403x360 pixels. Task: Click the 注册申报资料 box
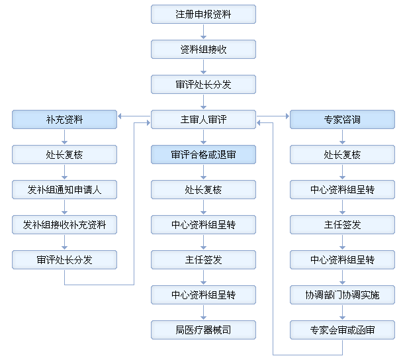[203, 14]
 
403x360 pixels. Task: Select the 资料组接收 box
[203, 49]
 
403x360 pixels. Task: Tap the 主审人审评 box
[203, 119]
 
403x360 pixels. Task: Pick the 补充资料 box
[64, 119]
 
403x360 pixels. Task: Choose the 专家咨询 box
[342, 119]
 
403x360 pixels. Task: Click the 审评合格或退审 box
[203, 154]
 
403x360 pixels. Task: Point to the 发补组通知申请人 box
[64, 189]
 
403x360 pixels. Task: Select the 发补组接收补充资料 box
[64, 224]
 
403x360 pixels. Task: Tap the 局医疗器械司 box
[203, 330]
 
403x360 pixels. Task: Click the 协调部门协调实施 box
[342, 294]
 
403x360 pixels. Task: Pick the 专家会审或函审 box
[342, 330]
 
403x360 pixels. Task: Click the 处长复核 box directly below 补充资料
[64, 154]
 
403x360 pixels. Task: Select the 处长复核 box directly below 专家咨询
[342, 154]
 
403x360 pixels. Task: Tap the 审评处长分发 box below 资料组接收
[203, 84]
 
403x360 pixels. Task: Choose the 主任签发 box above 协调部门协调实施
[342, 224]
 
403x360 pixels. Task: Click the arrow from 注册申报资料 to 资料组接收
[203, 32]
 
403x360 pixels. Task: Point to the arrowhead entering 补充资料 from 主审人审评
[120, 116]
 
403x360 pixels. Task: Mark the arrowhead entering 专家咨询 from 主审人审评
[287, 116]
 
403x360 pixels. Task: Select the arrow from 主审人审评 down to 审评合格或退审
[203, 137]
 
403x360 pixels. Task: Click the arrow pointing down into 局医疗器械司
[203, 312]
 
